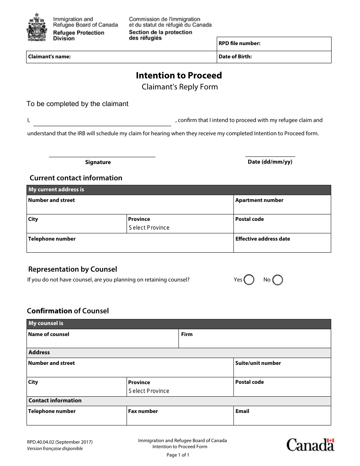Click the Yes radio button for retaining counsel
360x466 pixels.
click(x=249, y=280)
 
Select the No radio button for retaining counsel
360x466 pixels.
click(x=278, y=280)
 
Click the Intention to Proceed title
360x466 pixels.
click(x=179, y=75)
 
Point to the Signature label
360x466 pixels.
click(x=98, y=162)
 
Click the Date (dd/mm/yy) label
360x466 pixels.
click(x=270, y=162)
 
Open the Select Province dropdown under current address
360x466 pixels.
click(x=149, y=228)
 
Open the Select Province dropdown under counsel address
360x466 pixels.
click(x=149, y=391)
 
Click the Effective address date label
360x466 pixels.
click(x=263, y=239)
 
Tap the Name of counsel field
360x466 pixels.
click(x=102, y=341)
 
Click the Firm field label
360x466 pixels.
click(x=187, y=334)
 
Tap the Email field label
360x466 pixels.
click(x=242, y=411)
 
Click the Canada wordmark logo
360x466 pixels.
click(x=310, y=445)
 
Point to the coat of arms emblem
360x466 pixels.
click(x=37, y=28)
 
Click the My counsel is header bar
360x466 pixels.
click(x=178, y=324)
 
